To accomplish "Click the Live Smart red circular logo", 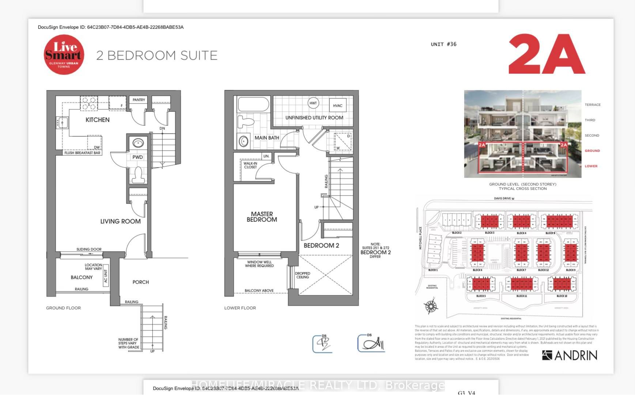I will [64, 55].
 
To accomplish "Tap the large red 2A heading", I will [547, 54].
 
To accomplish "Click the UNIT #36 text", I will [443, 44].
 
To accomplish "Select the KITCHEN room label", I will [97, 120].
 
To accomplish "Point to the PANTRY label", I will [139, 100].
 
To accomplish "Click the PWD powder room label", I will [137, 157].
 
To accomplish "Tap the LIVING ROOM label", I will [120, 221].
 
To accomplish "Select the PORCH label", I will [140, 282].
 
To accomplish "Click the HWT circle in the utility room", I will [313, 103].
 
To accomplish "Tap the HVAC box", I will [337, 106].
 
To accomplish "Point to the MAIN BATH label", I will [267, 138].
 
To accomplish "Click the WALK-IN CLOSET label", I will [250, 165].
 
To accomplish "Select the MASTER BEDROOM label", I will [262, 217].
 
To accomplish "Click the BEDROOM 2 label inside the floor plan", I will [321, 246].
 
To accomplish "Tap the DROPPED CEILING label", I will [302, 275].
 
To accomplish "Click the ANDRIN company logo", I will [569, 355].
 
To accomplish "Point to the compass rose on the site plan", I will [431, 305].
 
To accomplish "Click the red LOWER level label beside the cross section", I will [591, 166].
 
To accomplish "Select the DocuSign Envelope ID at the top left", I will [110, 27].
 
